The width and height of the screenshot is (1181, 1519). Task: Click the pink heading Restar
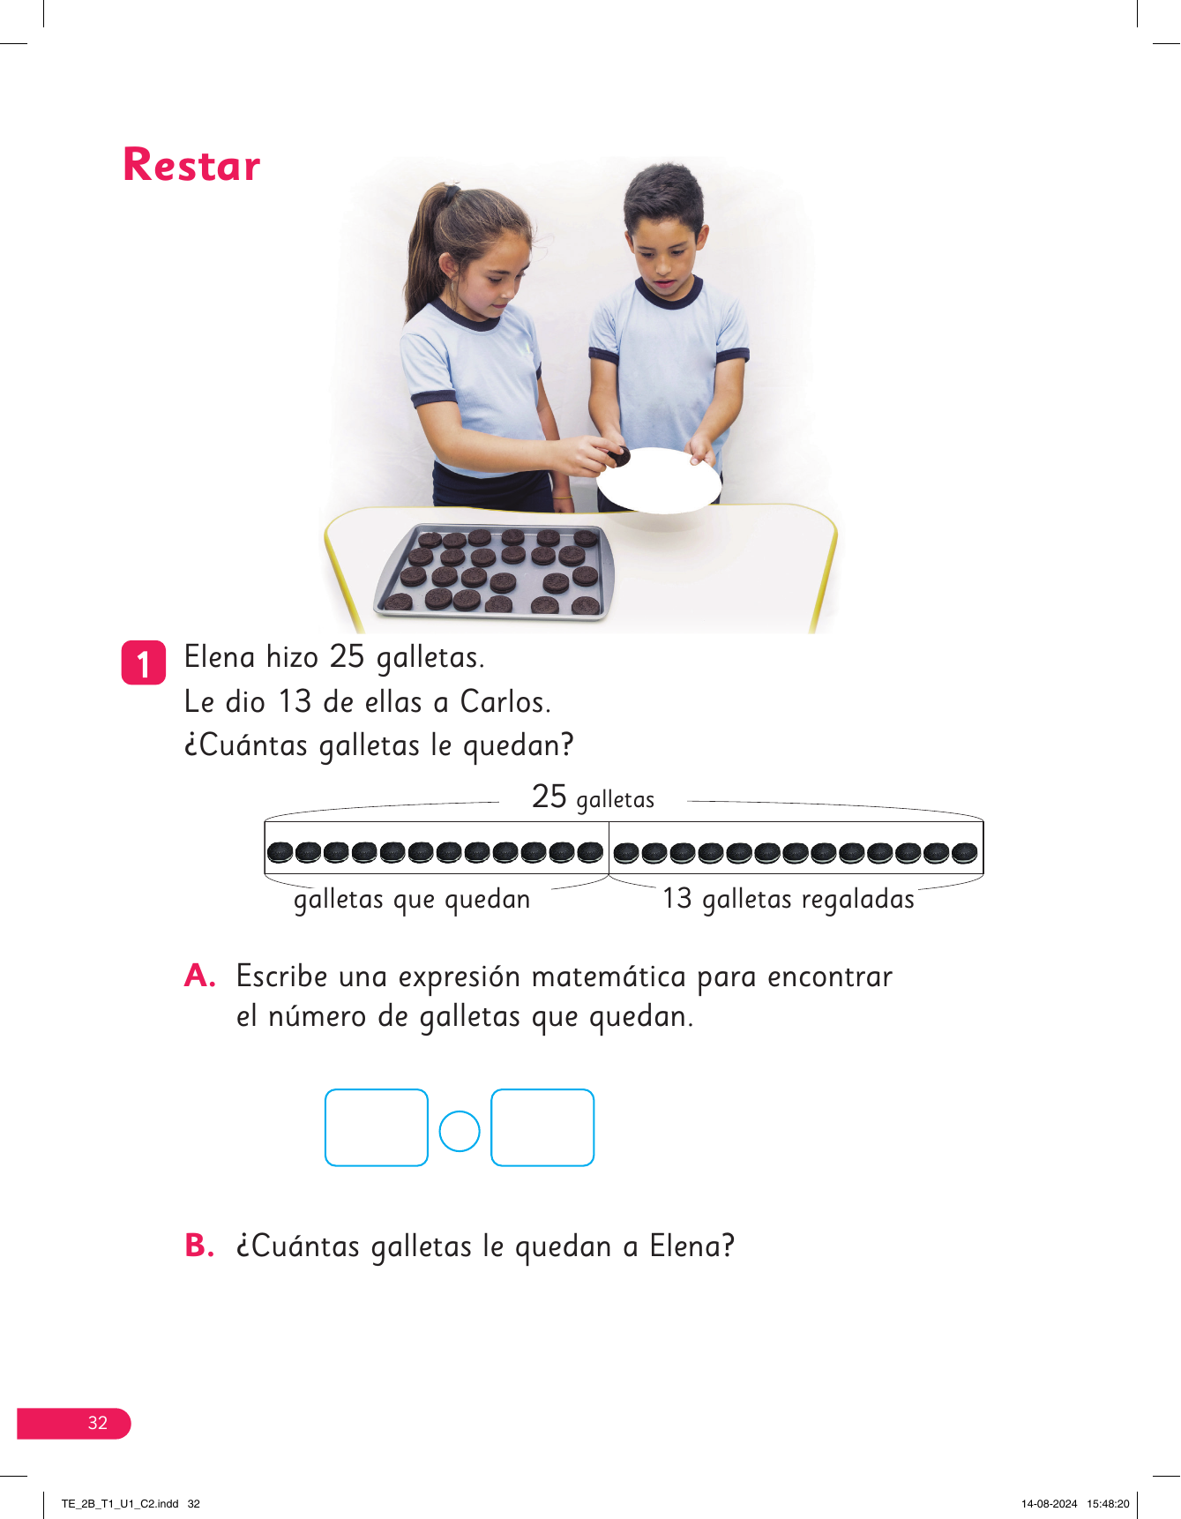point(191,165)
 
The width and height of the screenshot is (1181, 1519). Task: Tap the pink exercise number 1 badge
point(143,662)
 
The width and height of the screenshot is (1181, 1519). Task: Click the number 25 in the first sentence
point(347,657)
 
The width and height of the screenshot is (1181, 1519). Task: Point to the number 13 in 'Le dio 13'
point(295,702)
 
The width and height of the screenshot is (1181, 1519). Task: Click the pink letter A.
point(200,976)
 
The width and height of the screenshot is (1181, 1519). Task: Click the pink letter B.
point(199,1246)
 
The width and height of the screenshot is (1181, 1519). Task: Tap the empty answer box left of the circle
point(377,1127)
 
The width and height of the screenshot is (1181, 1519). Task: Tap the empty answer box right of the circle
point(542,1127)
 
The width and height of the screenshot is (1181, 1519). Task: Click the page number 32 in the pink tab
point(97,1423)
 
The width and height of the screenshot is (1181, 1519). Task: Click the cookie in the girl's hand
point(618,457)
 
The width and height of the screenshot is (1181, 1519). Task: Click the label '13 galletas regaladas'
point(789,899)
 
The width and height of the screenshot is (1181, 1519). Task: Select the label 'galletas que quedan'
point(412,900)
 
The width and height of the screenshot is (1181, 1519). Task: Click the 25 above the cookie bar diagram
point(549,797)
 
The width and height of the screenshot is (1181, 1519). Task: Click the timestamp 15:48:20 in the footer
point(1108,1504)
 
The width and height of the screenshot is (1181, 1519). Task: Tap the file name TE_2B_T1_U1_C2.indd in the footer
point(120,1504)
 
